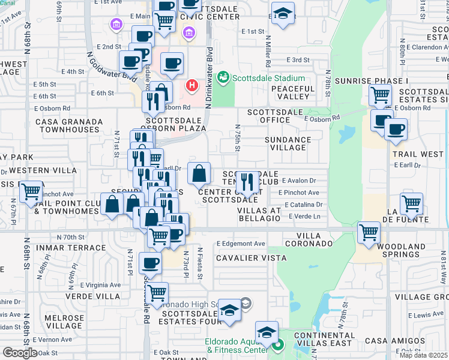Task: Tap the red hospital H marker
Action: (x=192, y=86)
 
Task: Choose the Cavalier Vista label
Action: (x=251, y=258)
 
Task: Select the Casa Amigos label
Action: (x=420, y=341)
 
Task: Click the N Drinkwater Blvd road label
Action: (x=209, y=78)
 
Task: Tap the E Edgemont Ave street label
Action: (x=241, y=244)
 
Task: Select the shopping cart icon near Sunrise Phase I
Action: (x=380, y=95)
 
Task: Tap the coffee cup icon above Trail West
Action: (x=395, y=129)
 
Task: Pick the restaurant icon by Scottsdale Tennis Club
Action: (x=248, y=181)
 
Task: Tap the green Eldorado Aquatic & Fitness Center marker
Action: (x=277, y=345)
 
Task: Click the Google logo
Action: (x=20, y=353)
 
